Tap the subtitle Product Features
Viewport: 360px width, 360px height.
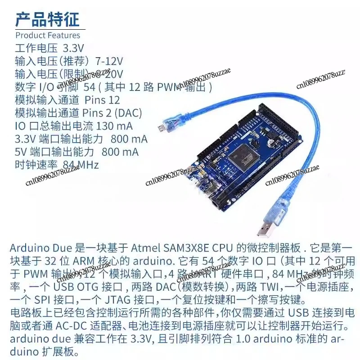point(48,35)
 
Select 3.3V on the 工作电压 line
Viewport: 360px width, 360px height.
point(73,48)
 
